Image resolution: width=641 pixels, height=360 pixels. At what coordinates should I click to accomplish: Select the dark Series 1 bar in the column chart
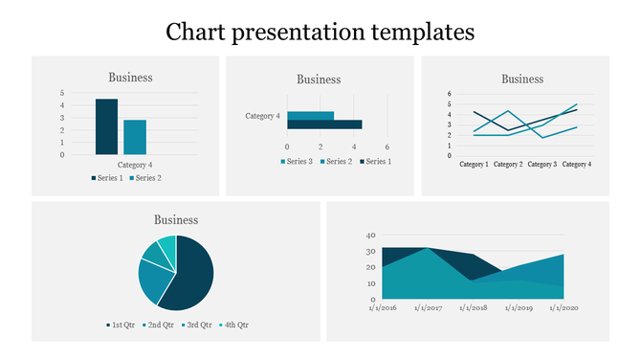pyautogui.click(x=106, y=126)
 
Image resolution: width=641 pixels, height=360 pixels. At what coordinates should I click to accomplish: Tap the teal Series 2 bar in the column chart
pyautogui.click(x=135, y=137)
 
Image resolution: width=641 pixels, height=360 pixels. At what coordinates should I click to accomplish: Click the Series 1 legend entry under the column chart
pyautogui.click(x=107, y=178)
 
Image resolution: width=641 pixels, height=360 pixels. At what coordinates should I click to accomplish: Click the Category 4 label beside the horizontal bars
pyautogui.click(x=263, y=116)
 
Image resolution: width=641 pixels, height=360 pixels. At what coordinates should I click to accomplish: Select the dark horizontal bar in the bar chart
pyautogui.click(x=324, y=124)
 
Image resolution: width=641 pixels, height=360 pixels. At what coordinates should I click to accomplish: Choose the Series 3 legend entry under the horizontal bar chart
pyautogui.click(x=297, y=161)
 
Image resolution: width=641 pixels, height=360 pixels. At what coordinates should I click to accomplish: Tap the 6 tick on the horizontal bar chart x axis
pyautogui.click(x=387, y=146)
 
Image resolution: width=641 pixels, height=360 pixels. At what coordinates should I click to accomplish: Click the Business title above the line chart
pyautogui.click(x=522, y=79)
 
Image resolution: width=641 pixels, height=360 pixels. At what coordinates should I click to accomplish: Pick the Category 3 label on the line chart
pyautogui.click(x=542, y=165)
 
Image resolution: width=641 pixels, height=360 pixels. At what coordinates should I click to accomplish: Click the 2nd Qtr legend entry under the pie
pyautogui.click(x=159, y=325)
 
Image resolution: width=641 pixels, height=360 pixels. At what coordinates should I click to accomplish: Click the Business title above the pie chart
pyautogui.click(x=176, y=220)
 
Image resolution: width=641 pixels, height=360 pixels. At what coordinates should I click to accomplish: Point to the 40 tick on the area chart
pyautogui.click(x=371, y=234)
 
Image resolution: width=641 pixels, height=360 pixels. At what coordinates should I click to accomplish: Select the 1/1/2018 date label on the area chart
pyautogui.click(x=473, y=308)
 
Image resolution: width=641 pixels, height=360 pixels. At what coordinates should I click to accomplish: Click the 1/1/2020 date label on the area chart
pyautogui.click(x=564, y=308)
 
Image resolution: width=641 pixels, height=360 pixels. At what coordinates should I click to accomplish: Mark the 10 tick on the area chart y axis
pyautogui.click(x=371, y=282)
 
